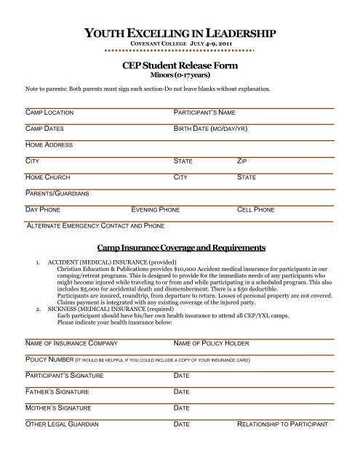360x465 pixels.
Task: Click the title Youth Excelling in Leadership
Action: [180, 33]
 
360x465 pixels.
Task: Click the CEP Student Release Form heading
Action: [180, 65]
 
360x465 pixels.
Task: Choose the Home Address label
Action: [49, 145]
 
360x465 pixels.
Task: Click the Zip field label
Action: [242, 162]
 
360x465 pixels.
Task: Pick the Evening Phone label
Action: [155, 209]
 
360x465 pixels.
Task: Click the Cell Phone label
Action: [256, 209]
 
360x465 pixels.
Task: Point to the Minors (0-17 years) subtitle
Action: [180, 75]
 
